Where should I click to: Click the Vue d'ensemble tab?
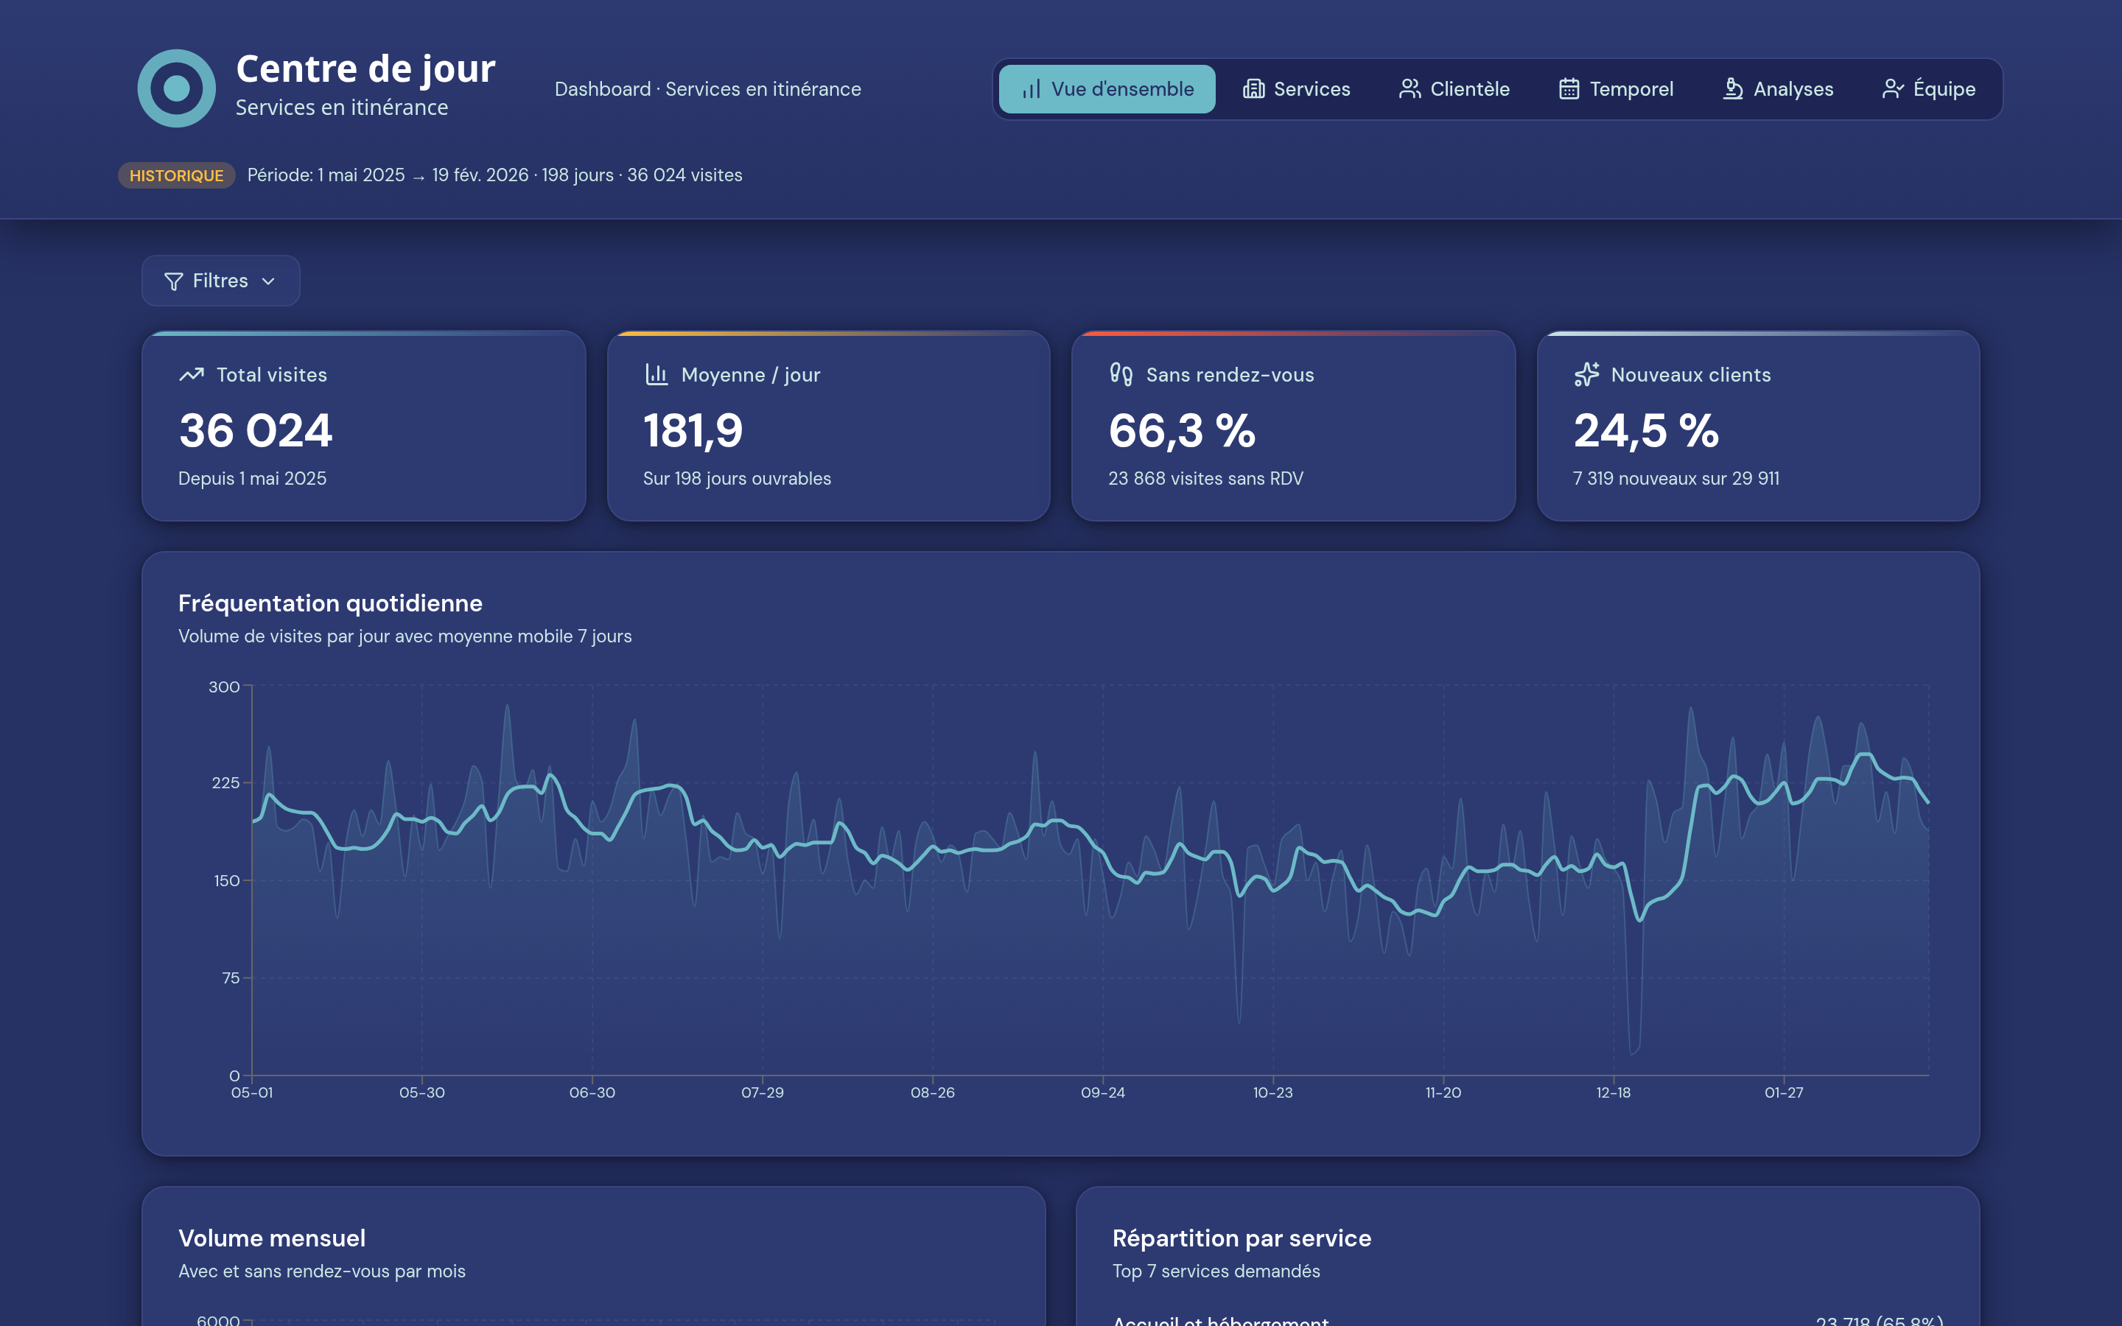coord(1107,88)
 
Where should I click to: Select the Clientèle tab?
coord(1454,88)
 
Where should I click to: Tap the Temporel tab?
coord(1615,88)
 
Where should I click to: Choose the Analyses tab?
coord(1777,88)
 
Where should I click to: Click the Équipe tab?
coord(1928,88)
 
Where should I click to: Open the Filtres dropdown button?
coord(220,281)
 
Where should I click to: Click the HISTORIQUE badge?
coord(176,175)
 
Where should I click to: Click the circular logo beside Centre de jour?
coord(176,88)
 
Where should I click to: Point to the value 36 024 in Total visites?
coord(255,431)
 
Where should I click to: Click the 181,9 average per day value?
coord(693,431)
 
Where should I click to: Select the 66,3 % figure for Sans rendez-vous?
coord(1181,431)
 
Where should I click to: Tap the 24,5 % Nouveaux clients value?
coord(1646,431)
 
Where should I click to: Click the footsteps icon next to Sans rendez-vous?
coord(1121,374)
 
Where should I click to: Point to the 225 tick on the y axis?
coord(225,783)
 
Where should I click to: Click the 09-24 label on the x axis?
coord(1102,1092)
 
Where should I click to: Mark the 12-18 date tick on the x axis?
coord(1613,1092)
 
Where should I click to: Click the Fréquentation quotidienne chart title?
coord(329,603)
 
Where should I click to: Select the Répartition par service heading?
coord(1241,1238)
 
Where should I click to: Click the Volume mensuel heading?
coord(272,1238)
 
